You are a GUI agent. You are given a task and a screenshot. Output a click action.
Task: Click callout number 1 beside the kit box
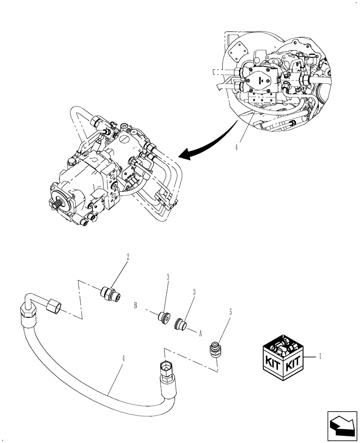[321, 355]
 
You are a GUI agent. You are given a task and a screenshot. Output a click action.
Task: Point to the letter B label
[136, 305]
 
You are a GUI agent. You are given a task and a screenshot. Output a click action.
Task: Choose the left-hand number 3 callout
[168, 278]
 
